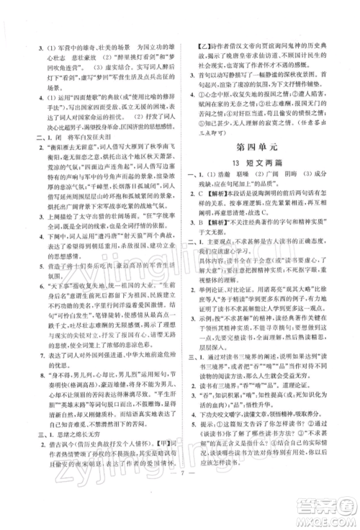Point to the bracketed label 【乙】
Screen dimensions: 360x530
[x=205, y=49]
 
